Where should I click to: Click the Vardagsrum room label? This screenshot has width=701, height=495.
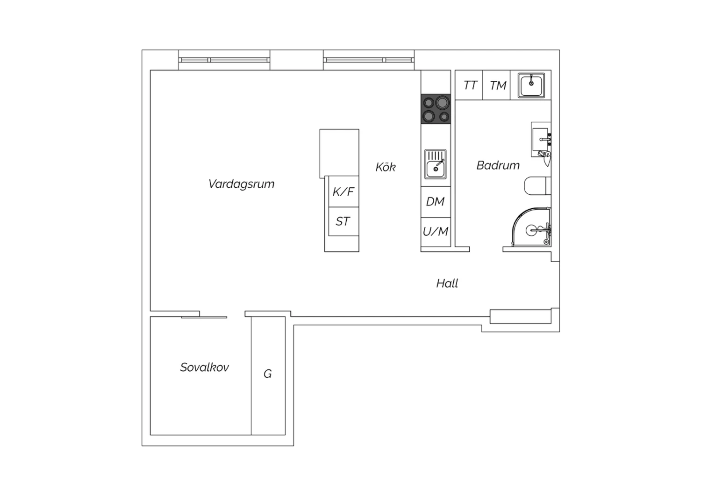click(x=241, y=184)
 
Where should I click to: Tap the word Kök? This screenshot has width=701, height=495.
click(x=386, y=167)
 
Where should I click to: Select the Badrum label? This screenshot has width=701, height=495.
click(x=498, y=165)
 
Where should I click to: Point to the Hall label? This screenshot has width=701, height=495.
click(x=447, y=283)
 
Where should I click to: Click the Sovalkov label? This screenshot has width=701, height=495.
click(x=204, y=367)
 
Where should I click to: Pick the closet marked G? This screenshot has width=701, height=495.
click(x=268, y=375)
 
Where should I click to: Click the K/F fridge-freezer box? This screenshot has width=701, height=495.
click(x=343, y=191)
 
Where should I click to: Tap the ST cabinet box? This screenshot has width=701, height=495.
click(x=343, y=221)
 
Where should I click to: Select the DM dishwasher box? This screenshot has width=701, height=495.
click(x=436, y=202)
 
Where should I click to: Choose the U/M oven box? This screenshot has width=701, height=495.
click(x=436, y=232)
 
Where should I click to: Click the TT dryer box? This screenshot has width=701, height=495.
click(x=469, y=85)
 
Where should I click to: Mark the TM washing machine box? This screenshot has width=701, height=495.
click(x=497, y=85)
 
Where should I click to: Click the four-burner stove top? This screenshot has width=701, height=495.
click(x=436, y=109)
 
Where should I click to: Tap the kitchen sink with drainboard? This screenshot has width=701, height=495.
click(x=435, y=164)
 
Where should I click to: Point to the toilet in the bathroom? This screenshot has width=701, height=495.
click(x=537, y=186)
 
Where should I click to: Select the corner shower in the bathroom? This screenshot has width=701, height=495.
click(x=531, y=227)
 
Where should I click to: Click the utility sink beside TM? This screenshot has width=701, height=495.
click(x=531, y=85)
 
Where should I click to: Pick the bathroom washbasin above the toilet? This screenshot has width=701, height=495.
click(x=541, y=140)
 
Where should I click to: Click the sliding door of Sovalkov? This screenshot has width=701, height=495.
click(x=204, y=318)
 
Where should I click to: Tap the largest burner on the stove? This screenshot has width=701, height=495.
click(x=442, y=102)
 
